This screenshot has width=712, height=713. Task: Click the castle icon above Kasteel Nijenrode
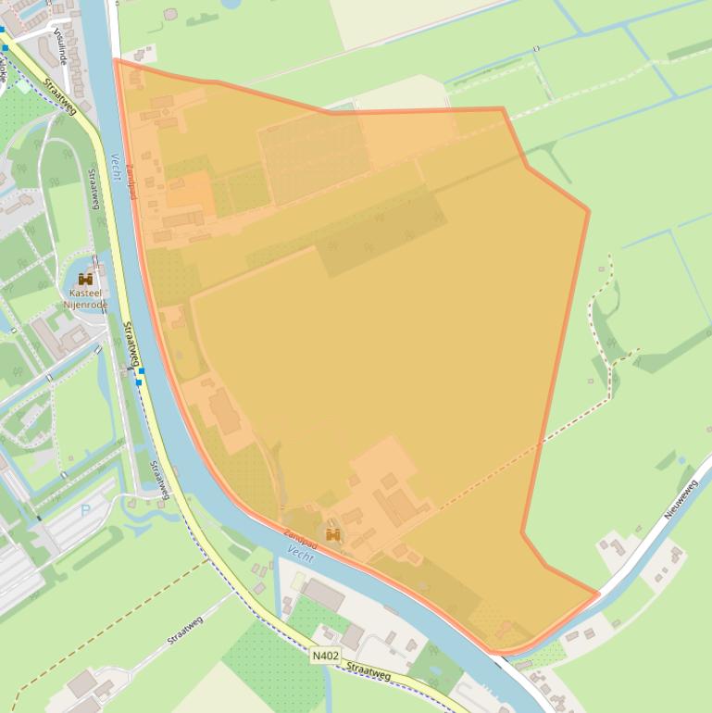point(85,279)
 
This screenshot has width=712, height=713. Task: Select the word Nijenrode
point(86,305)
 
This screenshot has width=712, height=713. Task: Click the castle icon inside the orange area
point(333,534)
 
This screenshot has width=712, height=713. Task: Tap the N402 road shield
point(324,656)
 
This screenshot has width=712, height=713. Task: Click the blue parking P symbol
point(86,509)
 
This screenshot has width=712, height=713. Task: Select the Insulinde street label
point(61,44)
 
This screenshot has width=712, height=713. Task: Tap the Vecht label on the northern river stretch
point(117,167)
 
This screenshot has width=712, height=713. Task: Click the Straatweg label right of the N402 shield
point(368,671)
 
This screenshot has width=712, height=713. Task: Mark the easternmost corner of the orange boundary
point(588,211)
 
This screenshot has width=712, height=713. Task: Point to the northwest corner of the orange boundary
point(115,60)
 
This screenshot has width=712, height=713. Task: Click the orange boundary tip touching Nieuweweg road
point(598,594)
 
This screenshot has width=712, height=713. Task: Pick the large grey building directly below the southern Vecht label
point(322,594)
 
